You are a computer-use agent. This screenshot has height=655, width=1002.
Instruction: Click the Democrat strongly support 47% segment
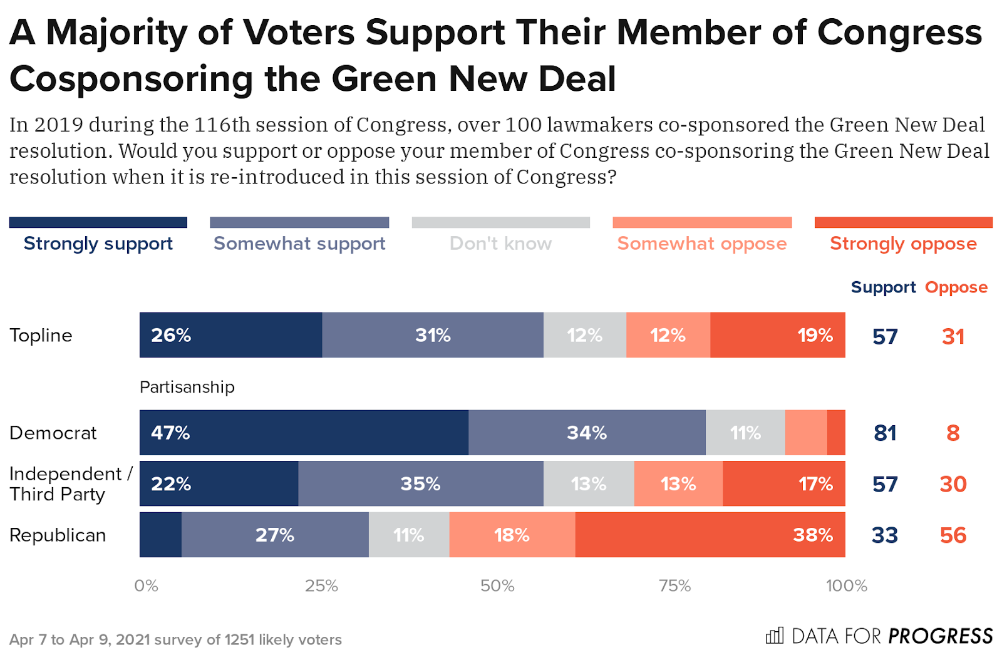click(x=304, y=433)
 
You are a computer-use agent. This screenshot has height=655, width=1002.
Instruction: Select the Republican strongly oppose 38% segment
click(x=710, y=535)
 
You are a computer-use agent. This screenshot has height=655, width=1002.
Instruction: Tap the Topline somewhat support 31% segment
click(x=433, y=335)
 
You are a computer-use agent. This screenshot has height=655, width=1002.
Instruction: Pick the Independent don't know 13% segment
click(x=589, y=483)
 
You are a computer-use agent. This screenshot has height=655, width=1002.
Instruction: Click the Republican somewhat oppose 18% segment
click(x=512, y=535)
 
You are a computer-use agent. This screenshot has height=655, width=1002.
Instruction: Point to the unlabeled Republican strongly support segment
click(x=160, y=535)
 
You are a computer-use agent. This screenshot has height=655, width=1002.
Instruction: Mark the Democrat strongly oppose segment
click(x=836, y=433)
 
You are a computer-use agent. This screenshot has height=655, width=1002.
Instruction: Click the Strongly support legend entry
click(x=98, y=243)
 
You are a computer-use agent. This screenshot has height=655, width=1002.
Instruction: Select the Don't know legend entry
click(x=500, y=243)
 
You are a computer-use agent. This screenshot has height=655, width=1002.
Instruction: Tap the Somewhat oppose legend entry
click(x=702, y=243)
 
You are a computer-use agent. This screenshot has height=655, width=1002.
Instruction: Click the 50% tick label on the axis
click(x=497, y=586)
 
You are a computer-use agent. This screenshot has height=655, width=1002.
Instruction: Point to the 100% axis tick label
click(x=846, y=586)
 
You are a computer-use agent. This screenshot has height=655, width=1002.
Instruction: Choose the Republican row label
click(x=58, y=535)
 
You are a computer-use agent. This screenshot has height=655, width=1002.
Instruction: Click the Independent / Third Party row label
click(x=70, y=483)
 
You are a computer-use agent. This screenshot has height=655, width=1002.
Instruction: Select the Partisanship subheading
click(x=187, y=387)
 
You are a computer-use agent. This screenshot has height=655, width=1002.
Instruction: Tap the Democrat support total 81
click(x=885, y=433)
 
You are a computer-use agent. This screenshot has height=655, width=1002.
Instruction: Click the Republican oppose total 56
click(x=953, y=535)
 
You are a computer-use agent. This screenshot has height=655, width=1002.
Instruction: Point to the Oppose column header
click(x=956, y=287)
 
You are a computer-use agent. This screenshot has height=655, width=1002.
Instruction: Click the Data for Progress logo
click(x=879, y=636)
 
